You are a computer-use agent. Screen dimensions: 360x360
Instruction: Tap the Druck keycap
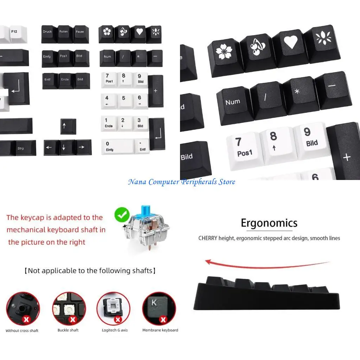[x=49, y=34]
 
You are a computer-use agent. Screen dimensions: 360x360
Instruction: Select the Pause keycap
[x=81, y=34]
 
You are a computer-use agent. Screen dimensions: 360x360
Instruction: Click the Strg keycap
[x=26, y=148]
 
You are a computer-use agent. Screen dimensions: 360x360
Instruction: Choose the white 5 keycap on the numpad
[x=124, y=101]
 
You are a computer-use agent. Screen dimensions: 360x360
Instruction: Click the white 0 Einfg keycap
[x=117, y=146]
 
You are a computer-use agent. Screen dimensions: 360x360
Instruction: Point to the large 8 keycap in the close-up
[x=276, y=143]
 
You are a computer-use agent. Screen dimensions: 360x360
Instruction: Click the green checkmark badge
[x=122, y=214]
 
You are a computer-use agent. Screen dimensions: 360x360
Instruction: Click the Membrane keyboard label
[x=160, y=330]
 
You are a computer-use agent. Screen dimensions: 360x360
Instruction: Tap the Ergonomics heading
[x=269, y=223]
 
